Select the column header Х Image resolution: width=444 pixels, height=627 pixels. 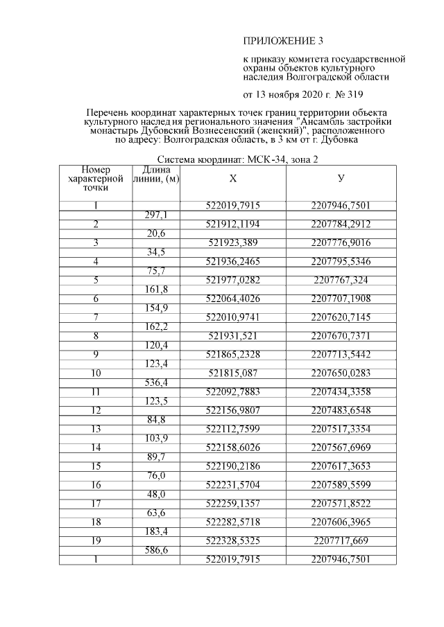233,179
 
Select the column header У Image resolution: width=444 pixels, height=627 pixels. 341,179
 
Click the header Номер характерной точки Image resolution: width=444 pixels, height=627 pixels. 96,179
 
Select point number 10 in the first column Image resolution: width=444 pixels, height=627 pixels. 96,373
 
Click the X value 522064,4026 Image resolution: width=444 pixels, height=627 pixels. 233,299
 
